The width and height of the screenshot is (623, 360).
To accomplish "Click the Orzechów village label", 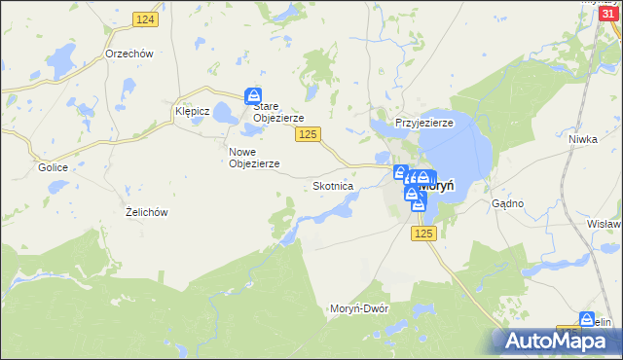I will coord(130,54).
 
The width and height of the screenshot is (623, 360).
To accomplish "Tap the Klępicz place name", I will coord(192,111).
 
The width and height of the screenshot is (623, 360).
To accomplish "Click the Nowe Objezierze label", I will coord(254,158).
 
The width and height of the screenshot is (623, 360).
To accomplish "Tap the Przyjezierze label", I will coord(424,123).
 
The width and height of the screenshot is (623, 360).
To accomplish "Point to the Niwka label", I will coord(582,139).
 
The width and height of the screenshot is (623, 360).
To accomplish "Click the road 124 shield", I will coord(145,20).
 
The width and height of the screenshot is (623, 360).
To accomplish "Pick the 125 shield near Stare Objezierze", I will coord(308,134).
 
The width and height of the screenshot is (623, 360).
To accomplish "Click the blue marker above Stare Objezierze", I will coord(253,94).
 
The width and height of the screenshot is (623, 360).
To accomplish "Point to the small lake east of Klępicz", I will coord(225,115).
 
